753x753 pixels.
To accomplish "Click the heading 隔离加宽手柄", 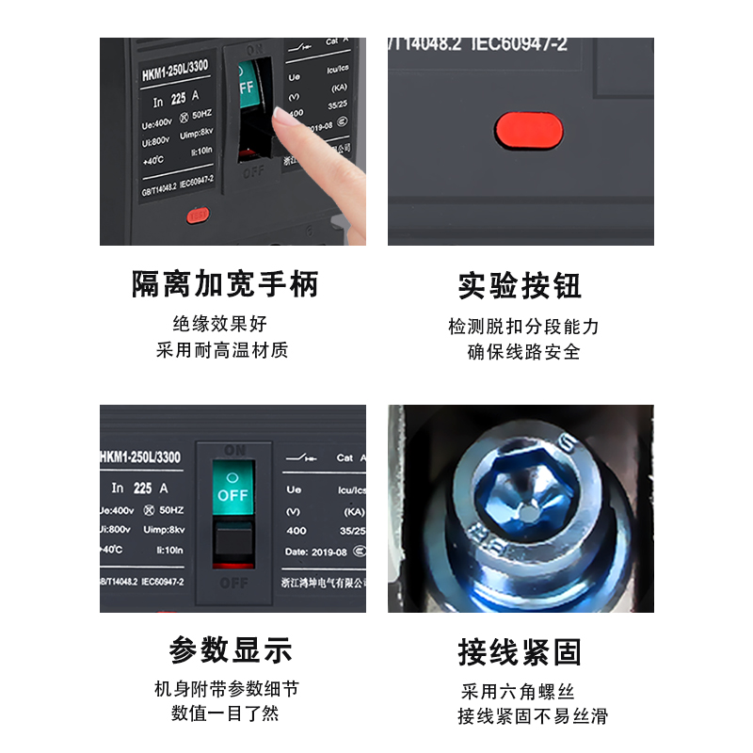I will click(x=225, y=284).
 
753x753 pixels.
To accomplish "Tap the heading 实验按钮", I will click(x=520, y=285).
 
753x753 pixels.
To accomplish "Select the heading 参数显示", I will click(x=231, y=649).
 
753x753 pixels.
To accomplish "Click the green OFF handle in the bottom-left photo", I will click(x=232, y=486).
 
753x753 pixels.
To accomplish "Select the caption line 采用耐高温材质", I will click(x=222, y=351).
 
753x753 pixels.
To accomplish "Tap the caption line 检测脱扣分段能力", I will click(x=523, y=327).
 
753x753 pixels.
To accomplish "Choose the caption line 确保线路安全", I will click(x=523, y=353).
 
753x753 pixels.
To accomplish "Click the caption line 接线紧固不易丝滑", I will click(x=533, y=716).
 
